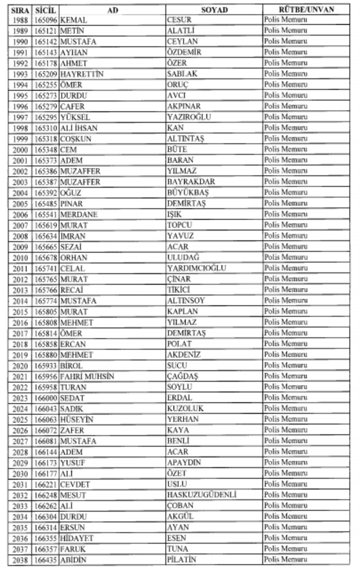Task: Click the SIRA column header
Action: (x=20, y=9)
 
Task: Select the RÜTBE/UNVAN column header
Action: (x=307, y=9)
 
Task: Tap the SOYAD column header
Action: (x=214, y=9)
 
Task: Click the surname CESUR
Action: (x=179, y=20)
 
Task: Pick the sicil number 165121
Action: (x=46, y=31)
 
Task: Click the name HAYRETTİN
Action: (x=82, y=74)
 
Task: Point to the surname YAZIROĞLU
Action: (x=189, y=117)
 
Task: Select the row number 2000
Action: (x=20, y=149)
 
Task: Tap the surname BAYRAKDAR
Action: (x=191, y=182)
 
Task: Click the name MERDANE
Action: (x=79, y=214)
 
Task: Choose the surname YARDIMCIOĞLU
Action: (x=196, y=268)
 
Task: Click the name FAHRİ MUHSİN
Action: (x=87, y=376)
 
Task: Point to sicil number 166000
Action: (x=46, y=398)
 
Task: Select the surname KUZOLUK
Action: (x=185, y=409)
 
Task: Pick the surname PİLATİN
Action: (x=181, y=560)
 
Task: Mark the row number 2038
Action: (x=20, y=560)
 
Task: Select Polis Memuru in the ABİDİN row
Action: (x=285, y=560)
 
